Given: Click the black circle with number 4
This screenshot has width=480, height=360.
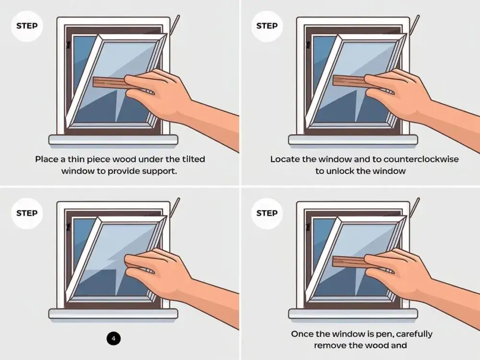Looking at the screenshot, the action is pos(114,338).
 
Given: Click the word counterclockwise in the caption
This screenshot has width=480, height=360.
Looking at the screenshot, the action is pos(421,159).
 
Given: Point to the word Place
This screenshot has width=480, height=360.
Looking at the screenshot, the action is pos(47,159).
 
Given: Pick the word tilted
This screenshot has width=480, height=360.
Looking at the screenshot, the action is pos(193,159).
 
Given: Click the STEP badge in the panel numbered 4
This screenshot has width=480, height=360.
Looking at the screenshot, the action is pos(27,214).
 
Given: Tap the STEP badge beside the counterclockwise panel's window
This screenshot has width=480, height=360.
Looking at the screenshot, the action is pos(267,26).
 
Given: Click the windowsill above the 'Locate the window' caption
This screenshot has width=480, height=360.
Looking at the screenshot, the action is pos(353,140).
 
